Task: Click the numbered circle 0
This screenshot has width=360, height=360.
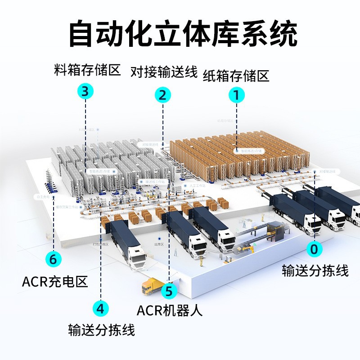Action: click(315, 249)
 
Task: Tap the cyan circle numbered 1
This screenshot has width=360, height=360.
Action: click(237, 95)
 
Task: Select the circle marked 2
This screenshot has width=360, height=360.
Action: click(163, 95)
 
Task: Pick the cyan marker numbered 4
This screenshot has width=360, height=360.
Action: click(101, 308)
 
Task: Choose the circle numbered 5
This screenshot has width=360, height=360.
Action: click(169, 290)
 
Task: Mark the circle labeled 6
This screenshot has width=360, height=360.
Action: click(54, 259)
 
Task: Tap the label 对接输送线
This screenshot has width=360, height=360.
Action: click(164, 71)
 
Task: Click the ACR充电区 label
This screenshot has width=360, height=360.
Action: click(54, 282)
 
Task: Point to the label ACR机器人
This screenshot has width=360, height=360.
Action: click(170, 310)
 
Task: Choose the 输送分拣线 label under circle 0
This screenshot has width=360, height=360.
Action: click(315, 270)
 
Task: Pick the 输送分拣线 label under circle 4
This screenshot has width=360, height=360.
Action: click(102, 330)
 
